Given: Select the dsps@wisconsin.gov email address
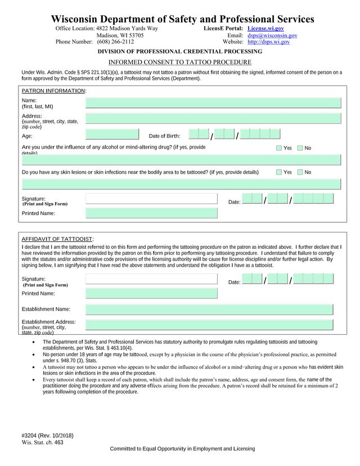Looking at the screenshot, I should click(272, 35).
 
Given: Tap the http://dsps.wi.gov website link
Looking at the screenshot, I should click(268, 42).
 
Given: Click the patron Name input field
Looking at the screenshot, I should click(213, 102).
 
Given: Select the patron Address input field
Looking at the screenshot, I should click(213, 119).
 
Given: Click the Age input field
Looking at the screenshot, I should click(112, 135).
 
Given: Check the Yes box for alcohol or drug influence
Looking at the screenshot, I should click(280, 148).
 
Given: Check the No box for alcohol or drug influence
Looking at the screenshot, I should click(300, 148).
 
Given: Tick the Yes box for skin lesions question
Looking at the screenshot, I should click(280, 172).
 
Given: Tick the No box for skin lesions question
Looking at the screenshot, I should click(300, 172).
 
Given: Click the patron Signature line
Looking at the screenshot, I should click(151, 199).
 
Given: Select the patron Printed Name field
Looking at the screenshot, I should click(151, 213).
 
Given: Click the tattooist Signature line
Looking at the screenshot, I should click(151, 279).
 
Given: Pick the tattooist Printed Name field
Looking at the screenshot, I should click(151, 293).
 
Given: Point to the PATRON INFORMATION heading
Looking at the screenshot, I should click(53, 91).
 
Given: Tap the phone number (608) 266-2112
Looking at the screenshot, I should click(115, 42).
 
